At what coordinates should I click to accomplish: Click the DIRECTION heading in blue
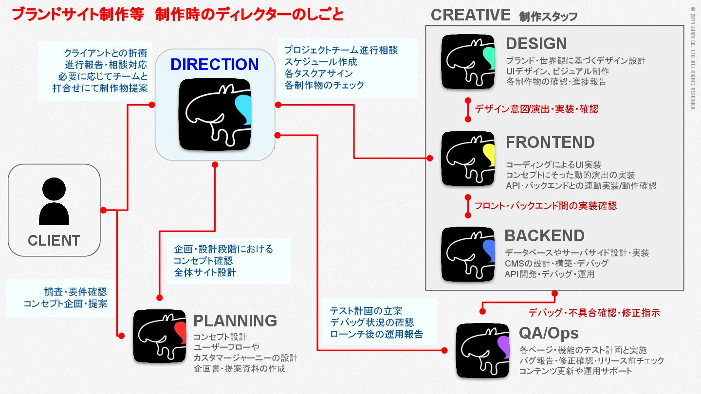[x=214, y=64]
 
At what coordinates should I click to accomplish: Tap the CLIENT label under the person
[x=54, y=240]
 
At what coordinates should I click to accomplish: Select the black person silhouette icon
[x=54, y=201]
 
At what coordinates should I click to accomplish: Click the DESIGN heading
[x=536, y=44]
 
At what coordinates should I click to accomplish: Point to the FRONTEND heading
[x=550, y=142]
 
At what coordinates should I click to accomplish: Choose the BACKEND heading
[x=544, y=235]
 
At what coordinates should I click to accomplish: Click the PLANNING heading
[x=235, y=321]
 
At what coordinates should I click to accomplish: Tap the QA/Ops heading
[x=549, y=333]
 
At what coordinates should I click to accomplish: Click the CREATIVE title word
[x=470, y=15]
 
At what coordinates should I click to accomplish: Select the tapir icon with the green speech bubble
[x=468, y=62]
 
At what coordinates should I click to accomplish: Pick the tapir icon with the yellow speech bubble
[x=468, y=158]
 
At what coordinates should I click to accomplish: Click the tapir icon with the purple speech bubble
[x=482, y=350]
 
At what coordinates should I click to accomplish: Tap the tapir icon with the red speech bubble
[x=160, y=336]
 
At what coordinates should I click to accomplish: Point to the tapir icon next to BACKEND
[x=468, y=253]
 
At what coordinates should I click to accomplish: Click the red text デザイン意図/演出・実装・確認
[x=536, y=109]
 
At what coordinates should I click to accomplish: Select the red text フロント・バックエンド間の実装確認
[x=546, y=206]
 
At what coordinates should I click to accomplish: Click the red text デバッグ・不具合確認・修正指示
[x=594, y=313]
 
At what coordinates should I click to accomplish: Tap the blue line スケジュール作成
[x=320, y=62]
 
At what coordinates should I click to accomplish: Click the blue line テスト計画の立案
[x=366, y=311]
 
